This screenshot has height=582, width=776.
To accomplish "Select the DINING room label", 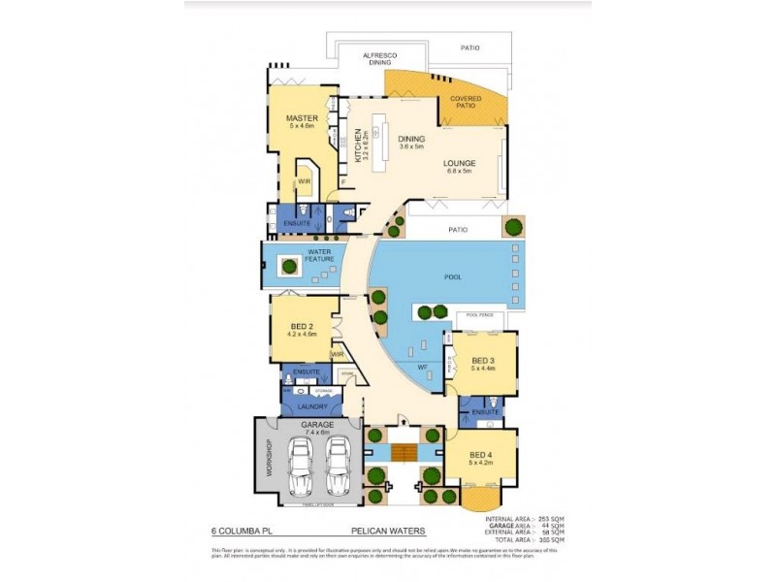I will point(412,139).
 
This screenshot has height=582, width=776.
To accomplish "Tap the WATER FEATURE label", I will point(320,255).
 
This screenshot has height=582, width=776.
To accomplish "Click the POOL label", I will point(453,276).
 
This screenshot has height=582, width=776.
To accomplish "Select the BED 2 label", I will point(302,327).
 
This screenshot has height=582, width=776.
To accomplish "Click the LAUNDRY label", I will point(312,406).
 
